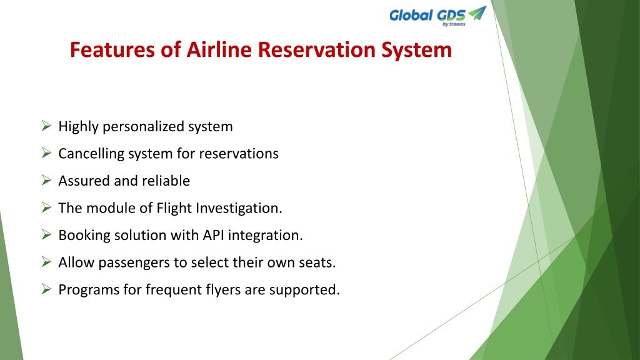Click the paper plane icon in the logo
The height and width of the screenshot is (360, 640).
click(x=477, y=13)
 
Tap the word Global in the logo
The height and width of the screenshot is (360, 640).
click(x=411, y=16)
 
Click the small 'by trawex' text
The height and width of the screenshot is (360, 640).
click(x=454, y=24)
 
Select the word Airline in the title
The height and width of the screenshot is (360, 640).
click(x=219, y=50)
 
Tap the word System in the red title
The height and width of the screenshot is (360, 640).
click(x=416, y=51)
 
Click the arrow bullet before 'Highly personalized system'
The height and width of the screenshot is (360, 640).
click(x=46, y=126)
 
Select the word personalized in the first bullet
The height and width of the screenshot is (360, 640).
click(x=143, y=127)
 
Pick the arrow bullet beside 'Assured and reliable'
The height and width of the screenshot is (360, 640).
click(x=46, y=180)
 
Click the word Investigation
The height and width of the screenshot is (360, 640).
click(x=239, y=209)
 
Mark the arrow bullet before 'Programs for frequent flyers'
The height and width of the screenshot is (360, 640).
click(x=46, y=289)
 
